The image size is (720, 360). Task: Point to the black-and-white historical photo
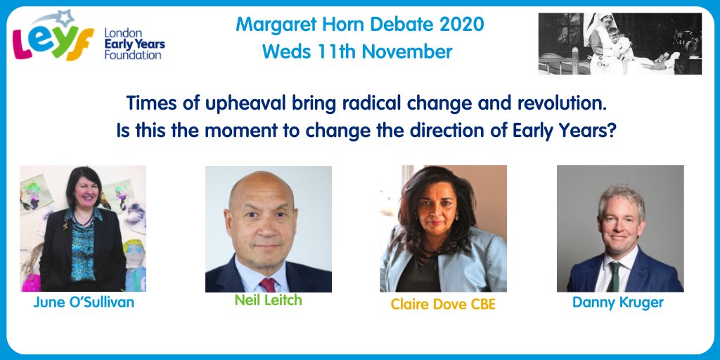click(x=620, y=43)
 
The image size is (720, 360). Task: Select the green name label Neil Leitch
click(x=268, y=300)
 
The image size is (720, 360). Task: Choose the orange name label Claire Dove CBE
click(x=443, y=304)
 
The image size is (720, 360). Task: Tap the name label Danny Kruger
click(x=619, y=302)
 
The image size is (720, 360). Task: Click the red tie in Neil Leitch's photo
click(x=268, y=284)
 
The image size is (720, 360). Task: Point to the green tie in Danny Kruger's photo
click(x=615, y=276)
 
